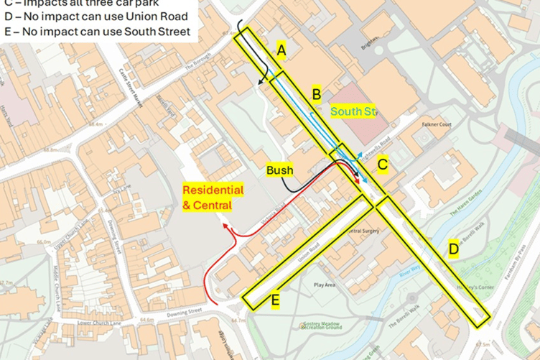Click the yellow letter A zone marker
click(281, 50)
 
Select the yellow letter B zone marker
click(316, 93)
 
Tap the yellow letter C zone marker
click(383, 165)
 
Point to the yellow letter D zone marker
click(453, 249)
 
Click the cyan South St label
click(353, 111)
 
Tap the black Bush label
click(279, 170)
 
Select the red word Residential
click(213, 190)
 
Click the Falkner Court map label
click(436, 124)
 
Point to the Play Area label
click(325, 285)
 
